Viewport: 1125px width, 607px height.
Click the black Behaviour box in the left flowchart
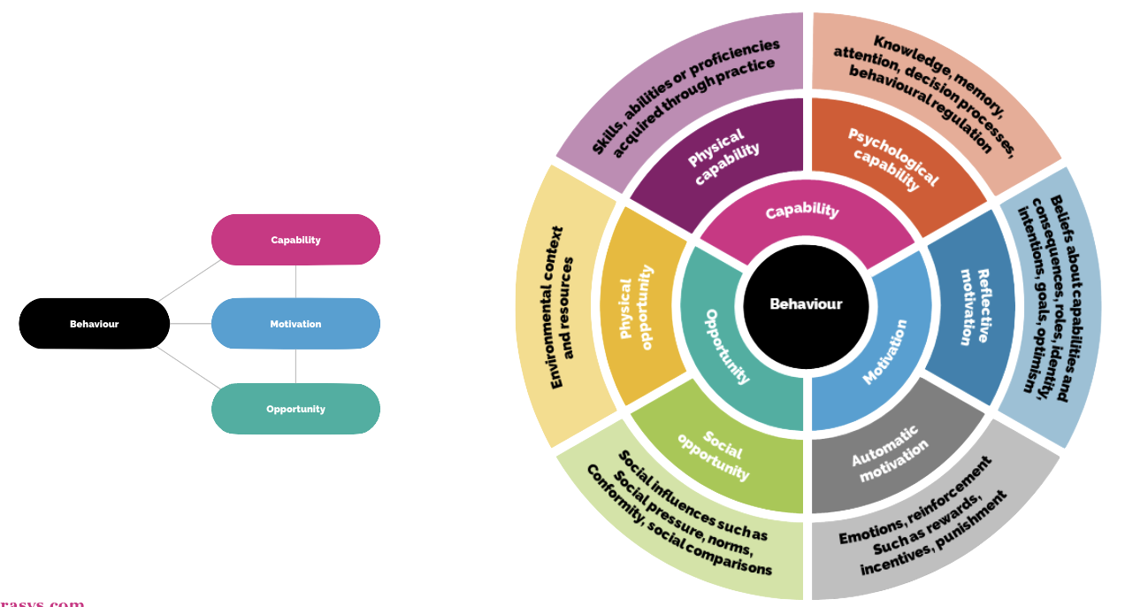tap(94, 324)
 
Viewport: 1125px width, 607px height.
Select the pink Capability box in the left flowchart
tap(295, 240)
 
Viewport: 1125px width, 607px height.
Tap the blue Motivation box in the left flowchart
tap(295, 324)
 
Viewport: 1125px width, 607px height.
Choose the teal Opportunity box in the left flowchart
tap(295, 409)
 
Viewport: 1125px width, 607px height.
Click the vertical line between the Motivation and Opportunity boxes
tap(295, 366)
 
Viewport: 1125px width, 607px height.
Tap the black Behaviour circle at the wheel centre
tap(806, 304)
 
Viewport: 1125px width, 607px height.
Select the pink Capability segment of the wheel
tap(801, 213)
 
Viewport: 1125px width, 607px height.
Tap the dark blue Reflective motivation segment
tap(973, 305)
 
